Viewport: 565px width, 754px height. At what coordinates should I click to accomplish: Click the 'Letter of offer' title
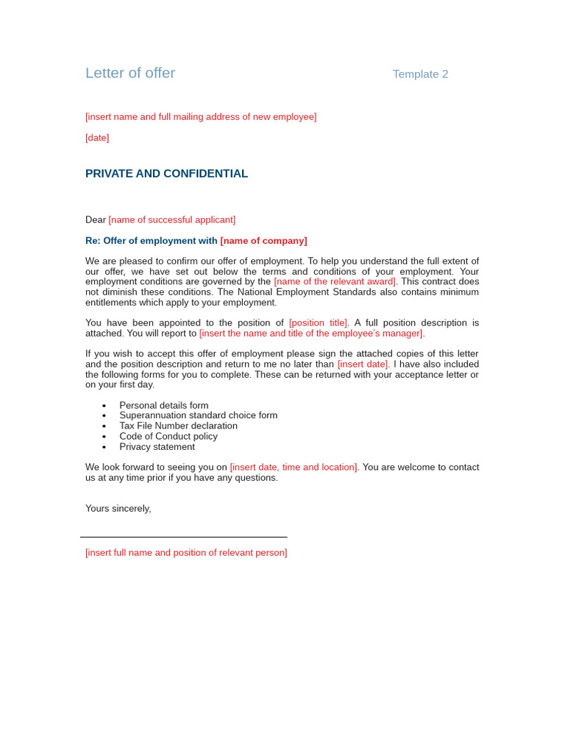[x=130, y=73]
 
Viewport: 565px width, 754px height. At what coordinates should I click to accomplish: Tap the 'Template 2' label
[x=420, y=74]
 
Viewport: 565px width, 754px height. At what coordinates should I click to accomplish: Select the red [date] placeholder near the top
[x=97, y=138]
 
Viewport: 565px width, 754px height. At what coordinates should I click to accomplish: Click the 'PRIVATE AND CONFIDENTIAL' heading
[x=166, y=174]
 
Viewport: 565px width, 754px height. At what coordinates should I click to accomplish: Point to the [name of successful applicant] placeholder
[x=171, y=219]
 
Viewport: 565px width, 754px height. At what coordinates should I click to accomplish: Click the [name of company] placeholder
[x=263, y=241]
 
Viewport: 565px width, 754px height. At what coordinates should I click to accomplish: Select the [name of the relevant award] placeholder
[x=335, y=281]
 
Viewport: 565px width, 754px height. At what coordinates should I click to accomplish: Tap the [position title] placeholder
[x=318, y=323]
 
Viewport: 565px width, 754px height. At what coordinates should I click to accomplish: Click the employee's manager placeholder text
[x=311, y=333]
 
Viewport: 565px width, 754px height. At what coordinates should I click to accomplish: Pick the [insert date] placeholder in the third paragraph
[x=363, y=364]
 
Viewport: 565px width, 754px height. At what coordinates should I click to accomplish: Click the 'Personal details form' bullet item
[x=163, y=405]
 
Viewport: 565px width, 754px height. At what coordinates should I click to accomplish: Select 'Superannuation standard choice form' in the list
[x=198, y=415]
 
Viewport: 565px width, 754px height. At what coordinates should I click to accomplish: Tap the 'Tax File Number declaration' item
[x=178, y=426]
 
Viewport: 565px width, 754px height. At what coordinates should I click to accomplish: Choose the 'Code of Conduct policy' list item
[x=168, y=436]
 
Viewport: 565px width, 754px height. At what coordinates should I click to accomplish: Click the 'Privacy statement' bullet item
[x=157, y=446]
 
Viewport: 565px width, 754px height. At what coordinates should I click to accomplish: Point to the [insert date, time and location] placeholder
[x=294, y=467]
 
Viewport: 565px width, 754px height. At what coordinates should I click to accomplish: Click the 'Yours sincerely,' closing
[x=118, y=508]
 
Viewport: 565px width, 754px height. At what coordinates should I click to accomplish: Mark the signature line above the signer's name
[x=183, y=537]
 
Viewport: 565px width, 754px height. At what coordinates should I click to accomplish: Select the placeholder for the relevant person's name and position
[x=186, y=552]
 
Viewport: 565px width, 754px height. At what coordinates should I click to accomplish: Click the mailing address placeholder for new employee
[x=201, y=116]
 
